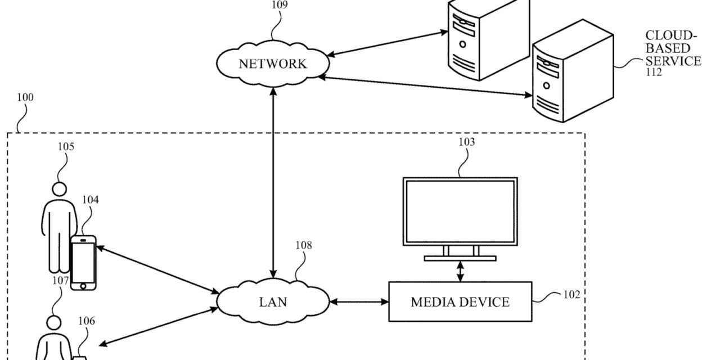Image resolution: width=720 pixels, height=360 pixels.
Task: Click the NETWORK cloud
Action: (273, 63)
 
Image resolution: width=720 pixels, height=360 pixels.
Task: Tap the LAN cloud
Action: (273, 302)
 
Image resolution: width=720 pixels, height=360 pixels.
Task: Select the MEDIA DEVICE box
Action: (460, 302)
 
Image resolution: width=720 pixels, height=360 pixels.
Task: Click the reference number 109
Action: (280, 5)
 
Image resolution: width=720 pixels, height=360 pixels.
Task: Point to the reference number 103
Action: (466, 142)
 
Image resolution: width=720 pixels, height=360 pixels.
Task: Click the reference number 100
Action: (25, 97)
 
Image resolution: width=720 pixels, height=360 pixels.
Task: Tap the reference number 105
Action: (66, 147)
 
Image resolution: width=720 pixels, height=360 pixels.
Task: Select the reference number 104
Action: (91, 200)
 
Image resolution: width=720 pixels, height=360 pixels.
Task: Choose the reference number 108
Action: (303, 245)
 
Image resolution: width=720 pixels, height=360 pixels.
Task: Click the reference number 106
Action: (87, 321)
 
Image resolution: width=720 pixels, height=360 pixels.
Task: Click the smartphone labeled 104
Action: (83, 263)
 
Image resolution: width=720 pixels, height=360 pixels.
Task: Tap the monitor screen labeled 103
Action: (460, 210)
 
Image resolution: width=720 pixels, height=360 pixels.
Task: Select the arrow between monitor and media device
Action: (461, 271)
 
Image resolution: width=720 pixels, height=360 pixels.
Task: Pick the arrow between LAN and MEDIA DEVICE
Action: (359, 302)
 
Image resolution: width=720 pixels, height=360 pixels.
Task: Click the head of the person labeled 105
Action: (58, 188)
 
